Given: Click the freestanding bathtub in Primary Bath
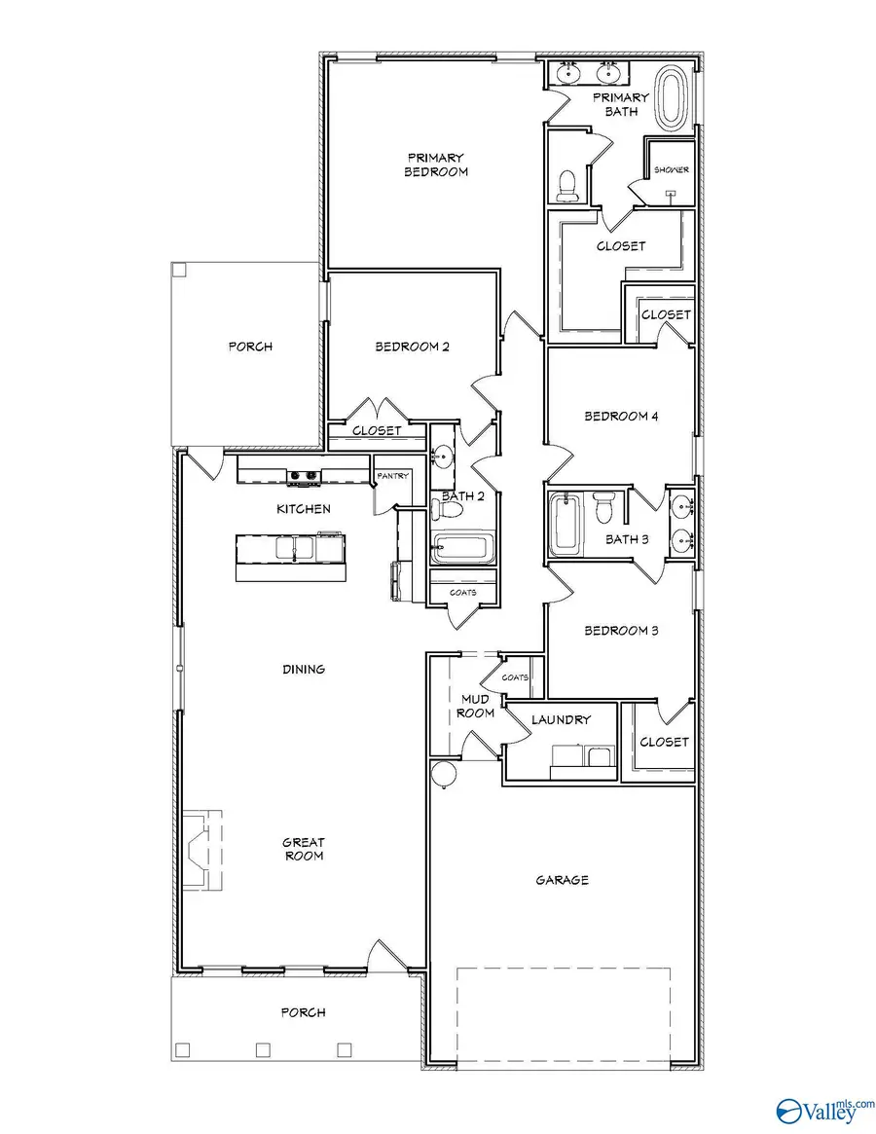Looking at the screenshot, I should pos(671,97).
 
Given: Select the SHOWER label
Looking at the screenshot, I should pos(671,169).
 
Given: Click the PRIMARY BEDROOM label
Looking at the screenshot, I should pos(436,165).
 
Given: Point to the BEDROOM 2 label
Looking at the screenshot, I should pos(412,346).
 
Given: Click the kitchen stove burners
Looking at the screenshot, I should pos(303,476).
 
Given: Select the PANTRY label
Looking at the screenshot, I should pos(392,476).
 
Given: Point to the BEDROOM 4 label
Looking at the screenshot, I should pos(621,417).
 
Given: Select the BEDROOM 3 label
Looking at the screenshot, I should pos(621,631).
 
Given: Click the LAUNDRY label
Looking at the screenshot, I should pos(561,720).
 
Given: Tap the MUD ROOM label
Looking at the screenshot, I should pos(478,706).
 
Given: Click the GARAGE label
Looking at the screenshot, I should pos(562,880).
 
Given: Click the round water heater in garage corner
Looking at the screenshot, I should pos(444,774).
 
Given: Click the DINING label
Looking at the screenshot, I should pos(303,670).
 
